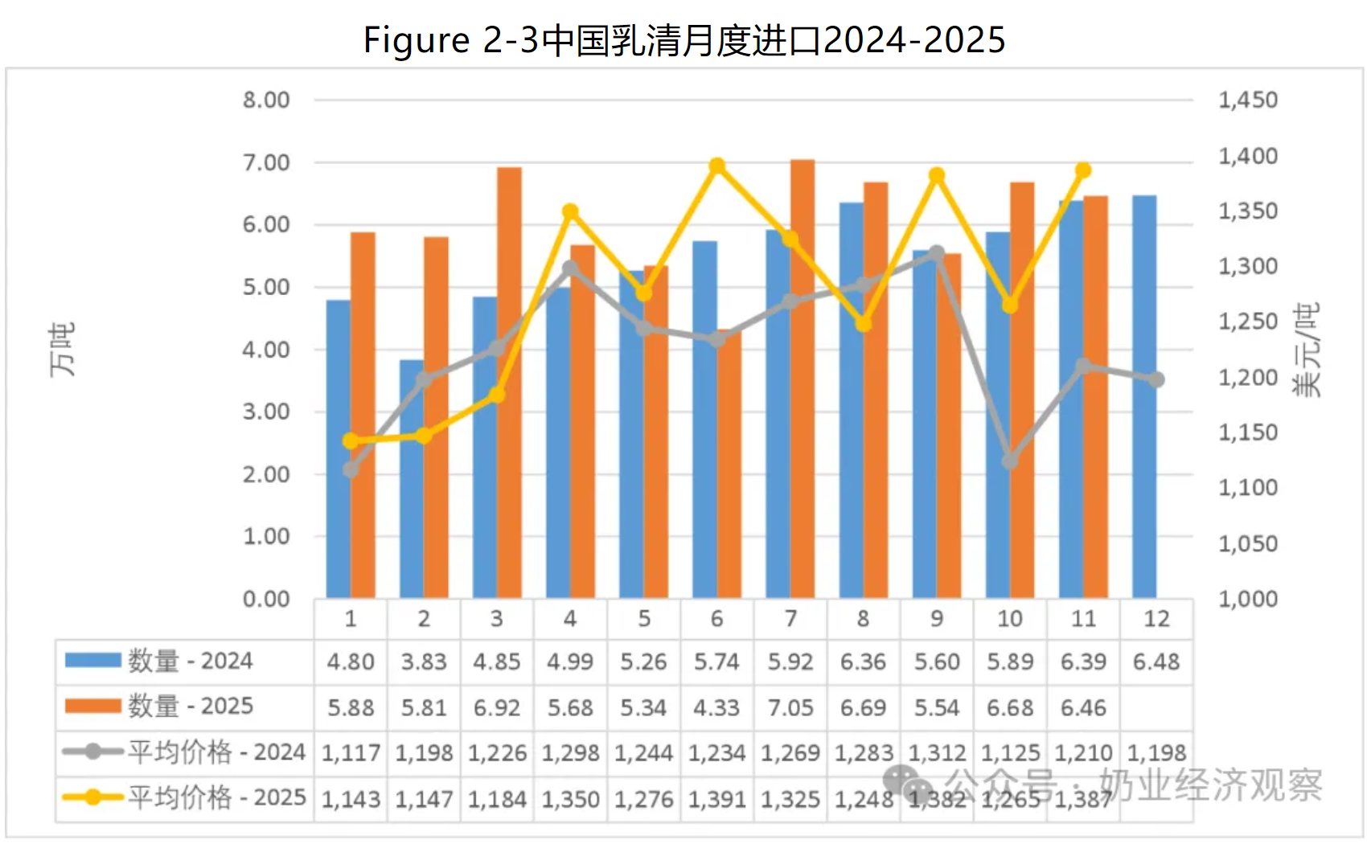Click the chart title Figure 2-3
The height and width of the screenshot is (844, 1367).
pyautogui.click(x=683, y=40)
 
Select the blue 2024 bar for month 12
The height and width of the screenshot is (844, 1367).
pyautogui.click(x=1144, y=397)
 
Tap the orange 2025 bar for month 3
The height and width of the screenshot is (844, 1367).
pyautogui.click(x=509, y=383)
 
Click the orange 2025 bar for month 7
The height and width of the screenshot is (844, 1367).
pyautogui.click(x=803, y=379)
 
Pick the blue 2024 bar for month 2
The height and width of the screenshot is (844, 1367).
pyautogui.click(x=412, y=479)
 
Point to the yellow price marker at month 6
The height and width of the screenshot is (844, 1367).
pyautogui.click(x=717, y=166)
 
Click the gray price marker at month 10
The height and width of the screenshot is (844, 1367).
pyautogui.click(x=1010, y=461)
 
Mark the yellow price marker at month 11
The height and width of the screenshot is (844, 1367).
pyautogui.click(x=1083, y=170)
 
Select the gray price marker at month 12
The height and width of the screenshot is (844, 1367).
pyautogui.click(x=1156, y=379)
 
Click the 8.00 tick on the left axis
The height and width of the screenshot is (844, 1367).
pyautogui.click(x=266, y=100)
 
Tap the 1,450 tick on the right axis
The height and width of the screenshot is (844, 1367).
pyautogui.click(x=1247, y=100)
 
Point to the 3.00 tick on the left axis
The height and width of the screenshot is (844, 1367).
pyautogui.click(x=266, y=412)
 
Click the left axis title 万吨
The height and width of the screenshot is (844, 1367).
pyautogui.click(x=62, y=350)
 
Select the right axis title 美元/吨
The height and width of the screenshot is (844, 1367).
pyautogui.click(x=1306, y=350)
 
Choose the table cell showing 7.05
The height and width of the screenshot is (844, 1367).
pyautogui.click(x=790, y=707)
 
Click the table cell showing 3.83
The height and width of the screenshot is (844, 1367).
pyautogui.click(x=424, y=662)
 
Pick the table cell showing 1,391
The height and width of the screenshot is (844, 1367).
pyautogui.click(x=716, y=799)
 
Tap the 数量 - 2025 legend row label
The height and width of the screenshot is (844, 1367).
pyautogui.click(x=190, y=707)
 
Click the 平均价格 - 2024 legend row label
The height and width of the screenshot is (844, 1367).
pyautogui.click(x=216, y=752)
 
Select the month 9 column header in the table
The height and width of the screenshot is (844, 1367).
pyautogui.click(x=937, y=619)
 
